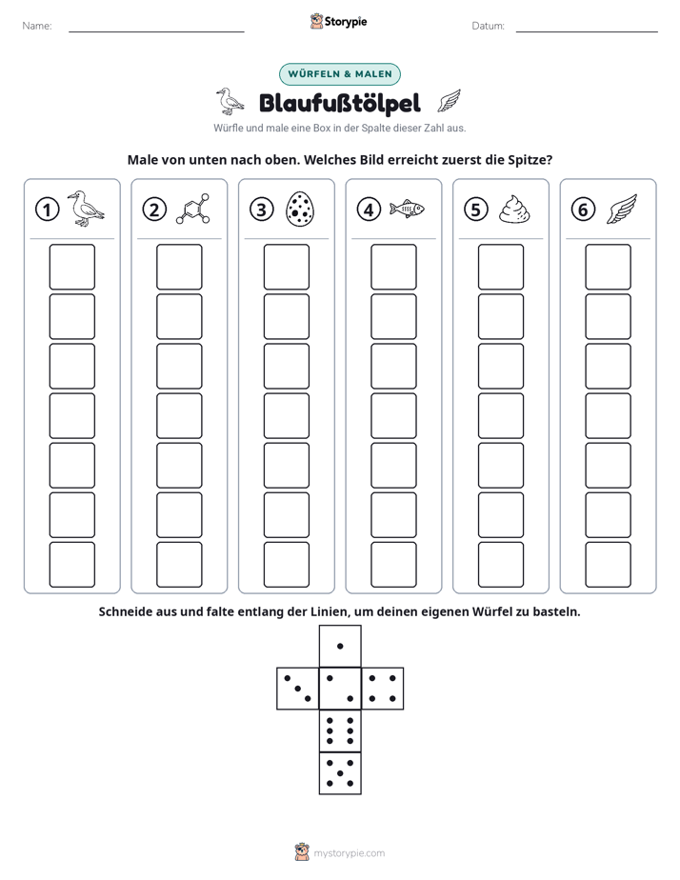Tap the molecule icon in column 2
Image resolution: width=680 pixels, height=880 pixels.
pos(193,210)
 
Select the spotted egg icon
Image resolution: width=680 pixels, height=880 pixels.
pos(300,210)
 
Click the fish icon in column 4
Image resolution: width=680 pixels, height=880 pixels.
pos(407,210)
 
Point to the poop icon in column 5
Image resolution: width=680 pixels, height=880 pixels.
pos(514,210)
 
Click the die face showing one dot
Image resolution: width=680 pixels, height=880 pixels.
pos(340,647)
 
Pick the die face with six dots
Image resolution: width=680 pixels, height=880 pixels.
pos(340,730)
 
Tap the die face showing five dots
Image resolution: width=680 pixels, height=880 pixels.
pos(340,773)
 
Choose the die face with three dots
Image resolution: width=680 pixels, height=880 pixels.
pos(298,689)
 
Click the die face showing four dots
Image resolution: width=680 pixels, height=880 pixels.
pos(383,689)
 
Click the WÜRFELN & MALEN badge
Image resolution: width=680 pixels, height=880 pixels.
pos(340,74)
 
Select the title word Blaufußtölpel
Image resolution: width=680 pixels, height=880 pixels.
pos(340,103)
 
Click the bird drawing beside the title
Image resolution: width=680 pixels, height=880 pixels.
pos(230,102)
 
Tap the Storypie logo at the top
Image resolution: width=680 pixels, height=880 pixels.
pos(339,21)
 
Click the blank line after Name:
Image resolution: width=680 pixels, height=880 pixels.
pos(156,31)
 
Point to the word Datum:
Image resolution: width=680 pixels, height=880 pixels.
pos(489,26)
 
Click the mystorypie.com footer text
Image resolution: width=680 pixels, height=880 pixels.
pos(349,853)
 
